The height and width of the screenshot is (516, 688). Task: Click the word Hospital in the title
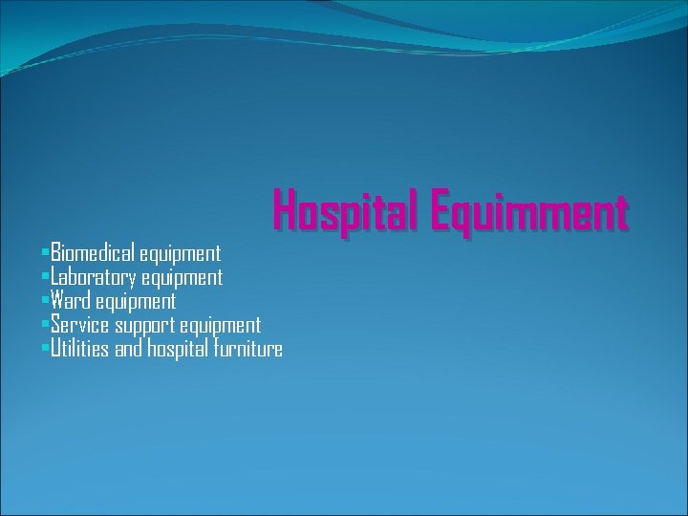tap(346, 210)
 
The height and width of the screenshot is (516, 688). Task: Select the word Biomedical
tap(94, 253)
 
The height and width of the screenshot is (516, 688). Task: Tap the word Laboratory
tap(94, 278)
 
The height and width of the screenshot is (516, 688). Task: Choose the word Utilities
tap(80, 349)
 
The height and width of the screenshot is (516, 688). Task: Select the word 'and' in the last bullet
tap(128, 349)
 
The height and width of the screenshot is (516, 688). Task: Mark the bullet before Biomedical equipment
tap(45, 251)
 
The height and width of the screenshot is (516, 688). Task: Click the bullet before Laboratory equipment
tap(45, 275)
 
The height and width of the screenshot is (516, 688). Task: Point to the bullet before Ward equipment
tap(45, 299)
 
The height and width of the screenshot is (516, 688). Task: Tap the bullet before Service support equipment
tap(45, 323)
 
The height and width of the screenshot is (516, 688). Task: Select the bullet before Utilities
tap(45, 347)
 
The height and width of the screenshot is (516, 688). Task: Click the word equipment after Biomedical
tap(180, 254)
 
